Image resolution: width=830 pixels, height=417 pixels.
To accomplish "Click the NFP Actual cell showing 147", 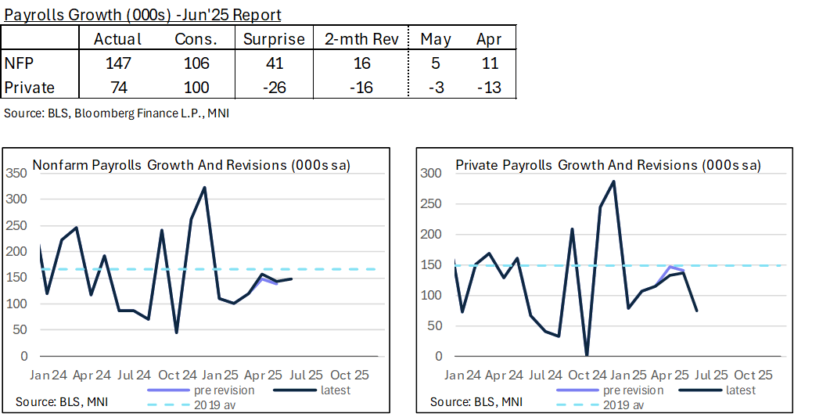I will pos(117,63).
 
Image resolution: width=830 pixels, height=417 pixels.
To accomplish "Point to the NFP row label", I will pos(19,63).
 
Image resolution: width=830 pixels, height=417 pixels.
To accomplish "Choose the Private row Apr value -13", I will pos(489,88).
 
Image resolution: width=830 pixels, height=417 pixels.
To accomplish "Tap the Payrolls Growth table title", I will pos(143,14).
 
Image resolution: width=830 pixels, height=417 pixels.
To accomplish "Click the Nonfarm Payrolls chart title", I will pos(191,165).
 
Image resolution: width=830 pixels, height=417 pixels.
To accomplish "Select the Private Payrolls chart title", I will pos(608,165).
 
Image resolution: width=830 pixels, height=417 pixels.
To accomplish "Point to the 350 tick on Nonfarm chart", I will pos(18,173).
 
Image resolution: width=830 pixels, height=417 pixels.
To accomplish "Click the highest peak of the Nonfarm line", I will pos(205,188).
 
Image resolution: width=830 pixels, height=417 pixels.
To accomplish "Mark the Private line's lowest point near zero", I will pos(586,354).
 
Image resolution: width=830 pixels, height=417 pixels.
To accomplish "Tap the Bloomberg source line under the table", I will pos(117,113).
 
